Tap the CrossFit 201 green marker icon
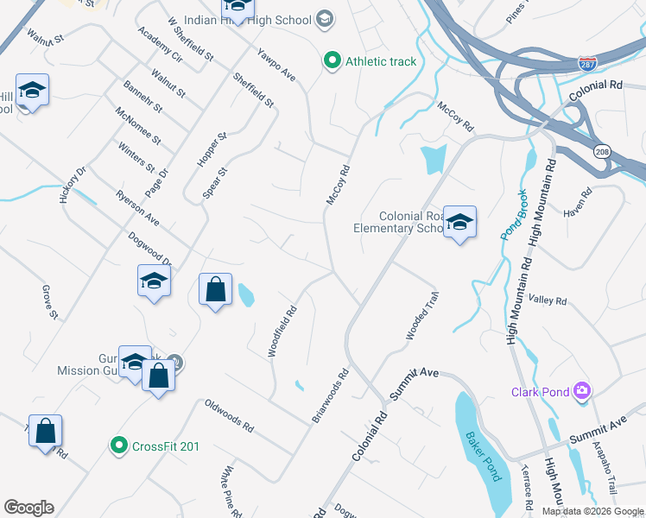click(x=118, y=445)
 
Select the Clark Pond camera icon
click(x=582, y=392)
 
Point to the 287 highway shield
click(x=586, y=64)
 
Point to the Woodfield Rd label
click(x=284, y=332)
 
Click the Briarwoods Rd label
click(x=330, y=396)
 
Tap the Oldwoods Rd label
click(x=229, y=415)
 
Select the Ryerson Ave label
click(x=138, y=208)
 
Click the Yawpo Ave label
click(x=276, y=65)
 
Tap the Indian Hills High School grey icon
click(x=325, y=18)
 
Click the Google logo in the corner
click(x=28, y=508)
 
